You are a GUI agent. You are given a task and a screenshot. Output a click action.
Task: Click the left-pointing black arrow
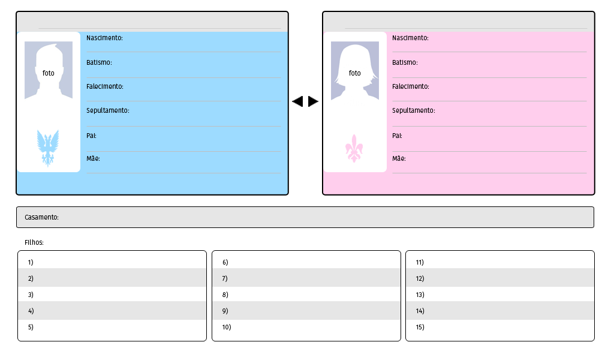(x=297, y=101)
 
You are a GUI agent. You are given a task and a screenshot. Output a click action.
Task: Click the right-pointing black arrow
(x=313, y=101)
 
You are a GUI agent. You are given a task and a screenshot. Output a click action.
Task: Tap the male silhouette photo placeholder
(x=49, y=70)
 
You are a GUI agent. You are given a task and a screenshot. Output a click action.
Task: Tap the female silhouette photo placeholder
(x=355, y=70)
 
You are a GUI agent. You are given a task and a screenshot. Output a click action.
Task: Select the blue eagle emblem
(x=48, y=148)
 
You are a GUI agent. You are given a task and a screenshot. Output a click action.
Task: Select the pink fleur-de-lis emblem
(x=354, y=149)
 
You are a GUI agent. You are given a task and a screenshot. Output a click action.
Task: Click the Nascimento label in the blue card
(x=104, y=38)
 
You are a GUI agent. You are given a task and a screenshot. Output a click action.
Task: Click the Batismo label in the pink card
(x=405, y=62)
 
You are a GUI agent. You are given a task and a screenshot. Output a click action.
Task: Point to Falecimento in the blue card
(x=105, y=86)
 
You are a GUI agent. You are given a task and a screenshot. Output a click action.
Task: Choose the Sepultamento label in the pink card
(x=414, y=110)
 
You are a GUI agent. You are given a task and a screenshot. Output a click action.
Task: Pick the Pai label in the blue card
(x=91, y=136)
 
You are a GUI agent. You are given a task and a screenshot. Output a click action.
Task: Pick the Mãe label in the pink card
(x=399, y=158)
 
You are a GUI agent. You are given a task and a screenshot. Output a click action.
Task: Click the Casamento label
(x=41, y=217)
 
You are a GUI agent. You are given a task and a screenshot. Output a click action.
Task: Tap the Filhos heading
(x=34, y=242)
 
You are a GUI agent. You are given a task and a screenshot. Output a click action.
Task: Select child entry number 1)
(x=31, y=262)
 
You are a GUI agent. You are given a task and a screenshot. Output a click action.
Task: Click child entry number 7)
(x=225, y=278)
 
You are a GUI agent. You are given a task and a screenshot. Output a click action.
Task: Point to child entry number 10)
(x=226, y=327)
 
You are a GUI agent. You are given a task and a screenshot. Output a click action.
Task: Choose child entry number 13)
(x=420, y=295)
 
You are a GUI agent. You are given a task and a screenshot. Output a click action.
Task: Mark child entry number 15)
(x=420, y=327)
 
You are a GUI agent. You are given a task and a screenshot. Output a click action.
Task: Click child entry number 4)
(x=31, y=311)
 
